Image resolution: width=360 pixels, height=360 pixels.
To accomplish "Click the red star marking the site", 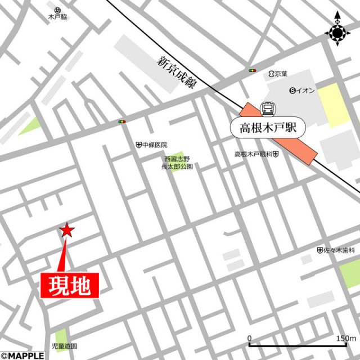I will [67, 229].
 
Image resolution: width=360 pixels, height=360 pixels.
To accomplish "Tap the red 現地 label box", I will [70, 286].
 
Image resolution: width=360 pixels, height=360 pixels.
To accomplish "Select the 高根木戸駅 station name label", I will [268, 127].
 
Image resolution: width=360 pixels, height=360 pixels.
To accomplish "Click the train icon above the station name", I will [268, 107].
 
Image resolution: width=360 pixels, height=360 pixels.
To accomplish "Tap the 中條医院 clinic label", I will [152, 145].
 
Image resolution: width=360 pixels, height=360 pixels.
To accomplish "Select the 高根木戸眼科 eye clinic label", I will [256, 154].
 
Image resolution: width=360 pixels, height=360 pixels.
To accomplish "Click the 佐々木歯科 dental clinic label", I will [336, 250].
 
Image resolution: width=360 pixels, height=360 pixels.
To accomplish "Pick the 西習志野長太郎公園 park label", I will [177, 163].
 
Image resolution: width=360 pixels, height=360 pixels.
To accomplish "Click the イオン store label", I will [304, 91].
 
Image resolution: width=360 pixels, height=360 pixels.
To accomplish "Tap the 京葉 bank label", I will [278, 74].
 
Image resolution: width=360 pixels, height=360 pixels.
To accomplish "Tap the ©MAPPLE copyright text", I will [22, 355].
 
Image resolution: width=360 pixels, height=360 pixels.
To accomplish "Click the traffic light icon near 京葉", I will [252, 71].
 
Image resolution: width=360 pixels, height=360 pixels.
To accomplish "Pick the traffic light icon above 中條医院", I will [122, 121].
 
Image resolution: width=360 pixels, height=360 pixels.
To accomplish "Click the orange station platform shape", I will [281, 134].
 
